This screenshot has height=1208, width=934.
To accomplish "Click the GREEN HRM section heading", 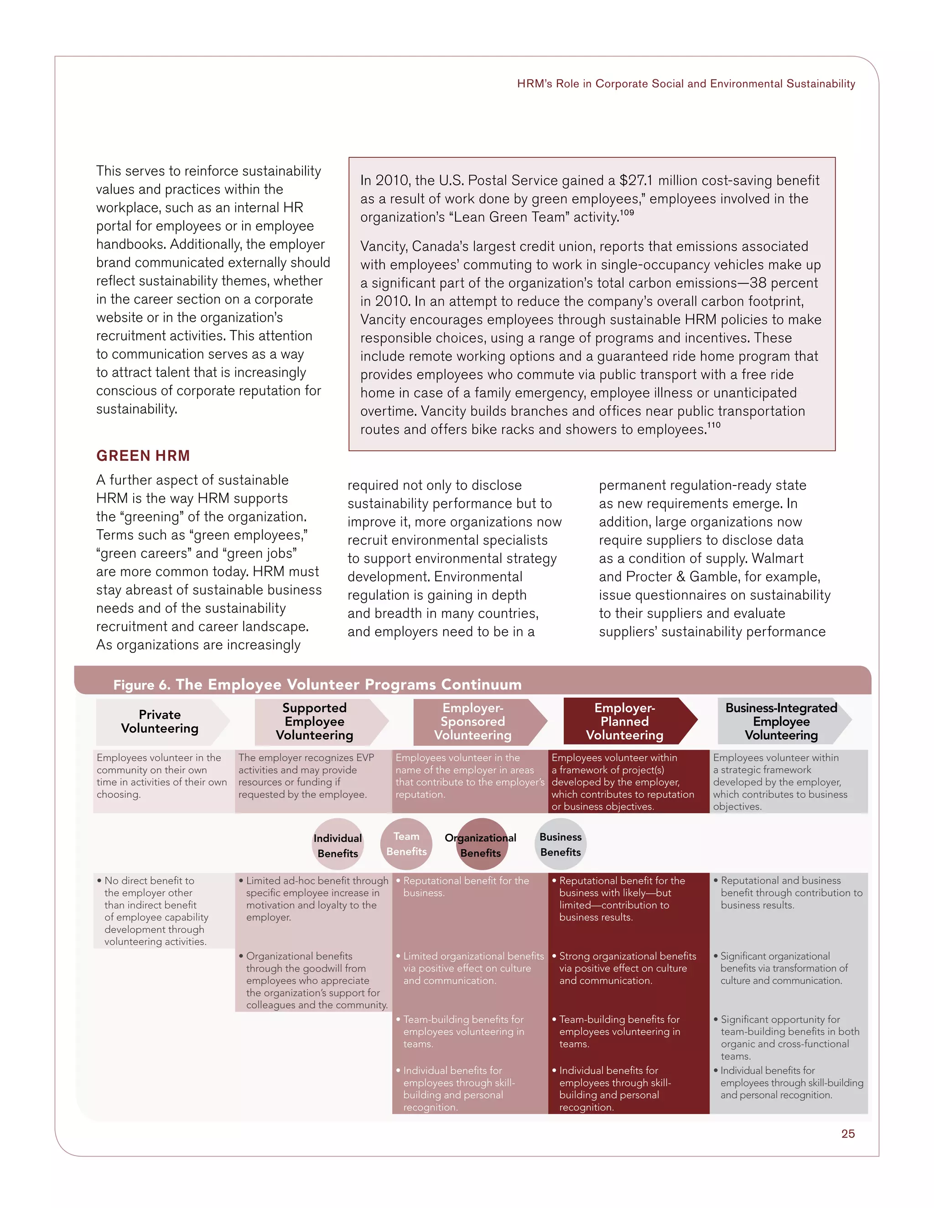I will point(143,456).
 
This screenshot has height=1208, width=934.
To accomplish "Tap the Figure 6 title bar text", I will point(317,685).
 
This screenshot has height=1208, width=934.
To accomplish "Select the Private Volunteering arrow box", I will point(160,722).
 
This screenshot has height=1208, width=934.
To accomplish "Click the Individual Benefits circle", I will point(337,845).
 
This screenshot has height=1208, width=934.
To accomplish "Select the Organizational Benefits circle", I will point(480,845).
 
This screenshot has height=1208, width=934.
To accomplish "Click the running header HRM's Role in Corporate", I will point(685,83).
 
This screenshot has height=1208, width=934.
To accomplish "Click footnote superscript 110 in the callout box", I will point(714,425).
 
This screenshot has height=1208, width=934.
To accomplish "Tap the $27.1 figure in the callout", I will point(636,181).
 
